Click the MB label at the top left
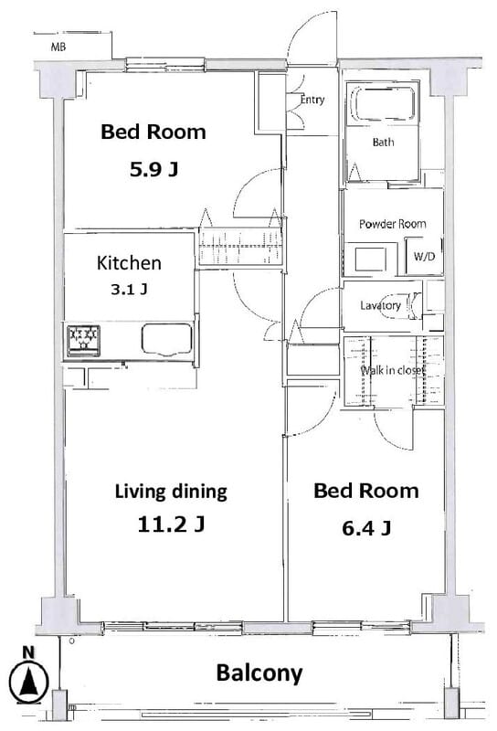click(58, 48)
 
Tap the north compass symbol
click(29, 677)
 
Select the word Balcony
click(259, 673)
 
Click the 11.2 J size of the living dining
click(171, 524)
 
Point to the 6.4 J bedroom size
click(366, 528)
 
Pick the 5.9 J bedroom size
click(153, 169)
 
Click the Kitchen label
click(129, 263)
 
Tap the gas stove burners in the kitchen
click(83, 340)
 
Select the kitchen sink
click(167, 339)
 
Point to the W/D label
click(424, 257)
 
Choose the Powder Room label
click(393, 224)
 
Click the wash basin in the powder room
click(371, 260)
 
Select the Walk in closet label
click(393, 371)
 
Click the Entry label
click(312, 100)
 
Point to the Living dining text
click(171, 492)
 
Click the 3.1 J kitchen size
click(129, 290)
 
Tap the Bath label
click(383, 142)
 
